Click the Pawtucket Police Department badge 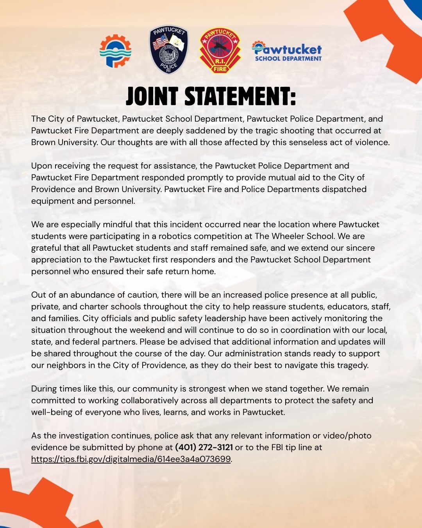(x=169, y=50)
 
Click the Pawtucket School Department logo (x=287, y=52)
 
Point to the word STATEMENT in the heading (x=240, y=97)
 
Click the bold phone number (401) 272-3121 (x=204, y=447)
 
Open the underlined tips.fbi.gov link (x=131, y=459)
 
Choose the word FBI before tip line (x=277, y=447)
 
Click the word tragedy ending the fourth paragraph (x=353, y=365)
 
